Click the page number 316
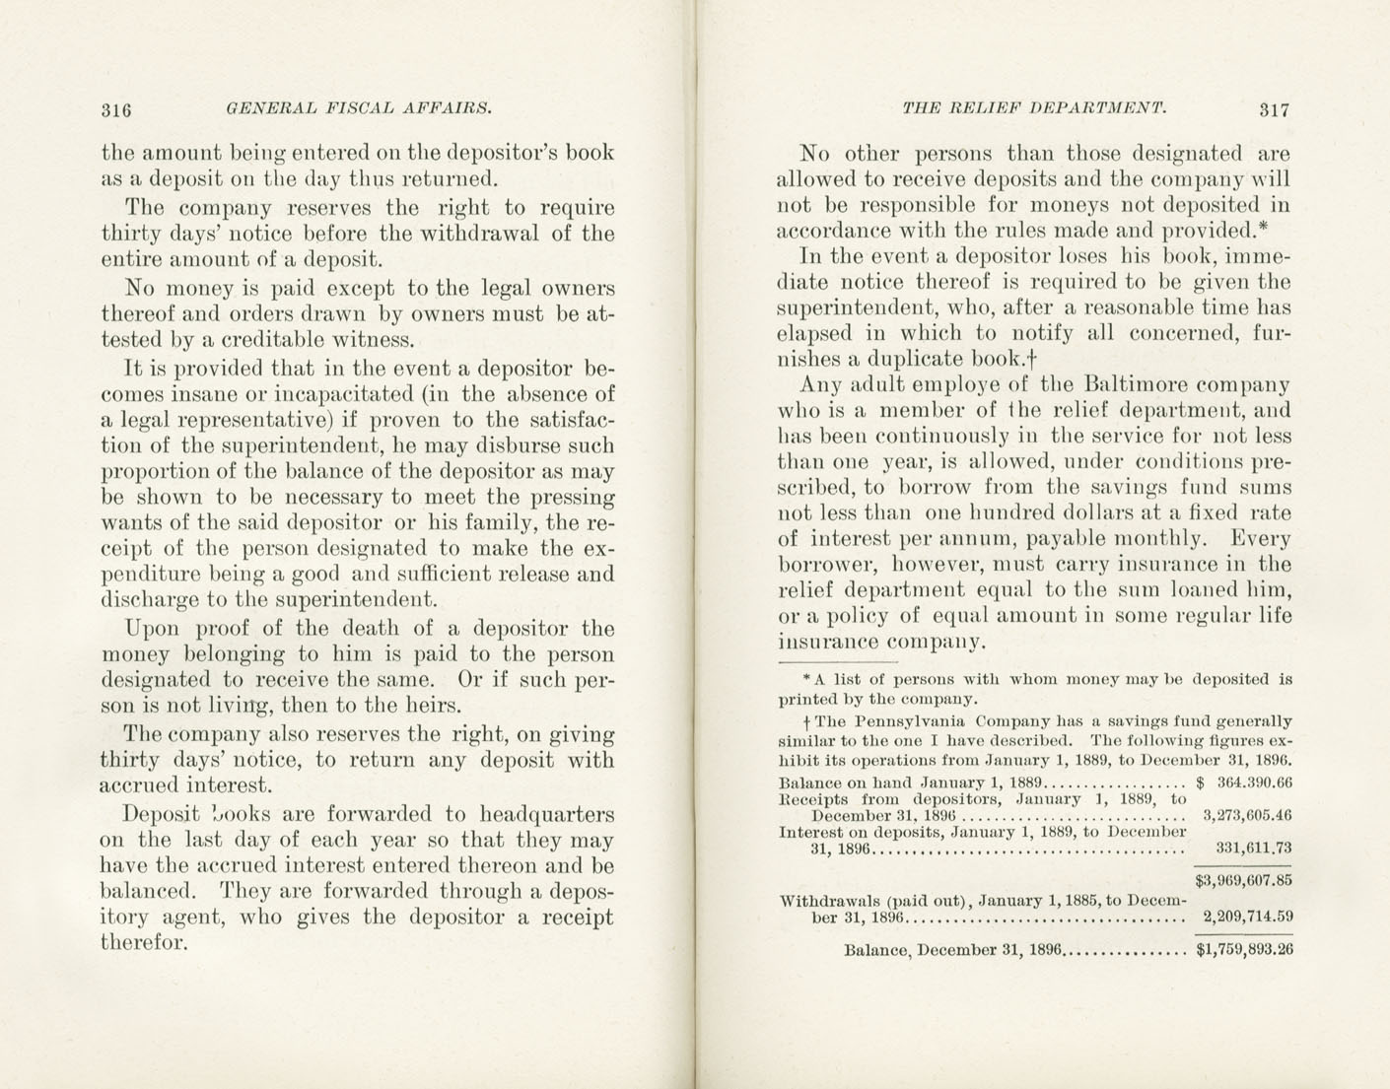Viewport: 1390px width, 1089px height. coord(116,110)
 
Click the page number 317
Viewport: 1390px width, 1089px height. coord(1274,110)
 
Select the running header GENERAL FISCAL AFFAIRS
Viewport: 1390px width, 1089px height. coord(359,108)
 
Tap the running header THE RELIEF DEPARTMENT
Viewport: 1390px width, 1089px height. coord(1034,108)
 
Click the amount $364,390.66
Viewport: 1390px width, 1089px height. coord(1243,783)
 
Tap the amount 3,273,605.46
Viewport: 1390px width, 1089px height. coord(1247,816)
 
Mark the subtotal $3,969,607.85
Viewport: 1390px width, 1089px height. coord(1243,880)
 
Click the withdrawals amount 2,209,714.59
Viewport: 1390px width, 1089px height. coord(1248,917)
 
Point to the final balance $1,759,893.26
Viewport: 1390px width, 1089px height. coord(1244,951)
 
